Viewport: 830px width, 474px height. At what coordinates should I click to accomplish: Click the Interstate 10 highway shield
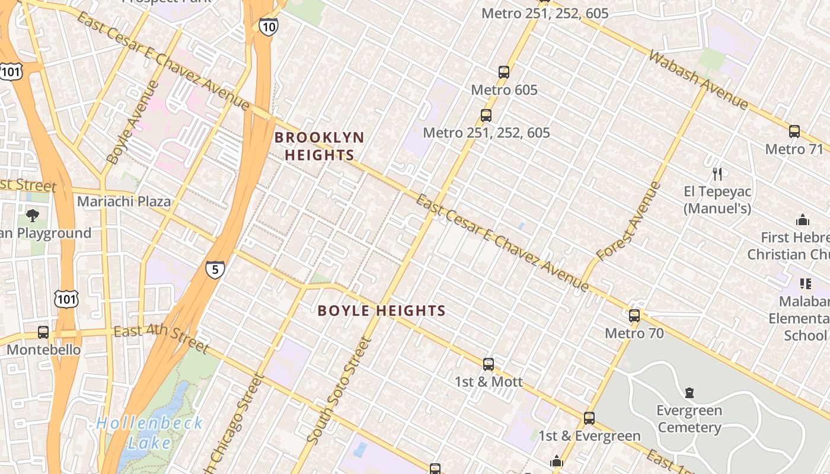point(268,26)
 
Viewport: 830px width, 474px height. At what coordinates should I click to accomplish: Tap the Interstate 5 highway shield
point(215,270)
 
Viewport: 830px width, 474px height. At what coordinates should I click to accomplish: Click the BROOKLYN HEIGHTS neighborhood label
point(320,146)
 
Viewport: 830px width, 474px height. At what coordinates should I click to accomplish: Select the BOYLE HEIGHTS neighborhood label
point(381,310)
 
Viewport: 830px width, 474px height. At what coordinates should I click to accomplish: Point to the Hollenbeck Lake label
point(149,433)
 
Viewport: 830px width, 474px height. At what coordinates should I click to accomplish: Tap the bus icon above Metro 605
point(504,72)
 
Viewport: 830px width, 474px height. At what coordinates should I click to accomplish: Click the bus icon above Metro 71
point(794,132)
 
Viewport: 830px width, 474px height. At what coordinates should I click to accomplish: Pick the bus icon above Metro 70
point(634,315)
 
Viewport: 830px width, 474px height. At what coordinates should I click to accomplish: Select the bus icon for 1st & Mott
point(488,364)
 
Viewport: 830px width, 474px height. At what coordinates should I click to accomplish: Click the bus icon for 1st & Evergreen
point(589,418)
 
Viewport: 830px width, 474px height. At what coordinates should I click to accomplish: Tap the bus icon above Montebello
point(43,332)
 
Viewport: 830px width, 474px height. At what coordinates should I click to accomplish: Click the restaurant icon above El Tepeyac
point(717,174)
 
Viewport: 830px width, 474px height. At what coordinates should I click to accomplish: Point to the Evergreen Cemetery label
point(689,419)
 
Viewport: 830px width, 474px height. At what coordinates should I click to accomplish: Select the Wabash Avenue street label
point(698,80)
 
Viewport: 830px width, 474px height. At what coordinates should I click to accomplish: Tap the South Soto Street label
point(340,391)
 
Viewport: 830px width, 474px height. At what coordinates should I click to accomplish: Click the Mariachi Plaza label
point(124,201)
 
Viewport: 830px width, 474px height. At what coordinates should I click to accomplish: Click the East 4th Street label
point(161,339)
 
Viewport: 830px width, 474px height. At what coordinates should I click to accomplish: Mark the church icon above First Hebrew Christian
point(803,220)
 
